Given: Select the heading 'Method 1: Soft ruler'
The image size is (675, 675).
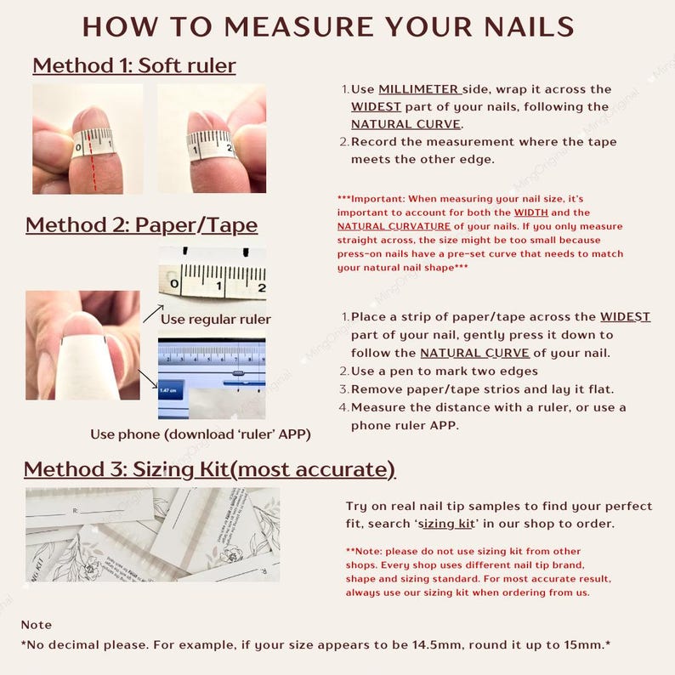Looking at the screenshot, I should [x=134, y=65].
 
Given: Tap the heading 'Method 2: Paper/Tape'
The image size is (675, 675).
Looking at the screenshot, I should [x=141, y=225].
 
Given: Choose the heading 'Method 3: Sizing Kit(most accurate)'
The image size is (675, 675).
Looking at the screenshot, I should [x=209, y=469].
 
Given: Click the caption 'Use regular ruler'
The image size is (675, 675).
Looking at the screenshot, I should [x=216, y=320].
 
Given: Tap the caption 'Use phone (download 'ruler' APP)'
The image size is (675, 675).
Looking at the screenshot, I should [x=201, y=434].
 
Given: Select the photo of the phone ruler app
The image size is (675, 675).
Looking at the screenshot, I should [x=212, y=377].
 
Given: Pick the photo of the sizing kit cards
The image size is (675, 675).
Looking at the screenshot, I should [x=152, y=534].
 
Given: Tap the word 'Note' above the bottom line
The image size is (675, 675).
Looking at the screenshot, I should [x=37, y=625].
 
